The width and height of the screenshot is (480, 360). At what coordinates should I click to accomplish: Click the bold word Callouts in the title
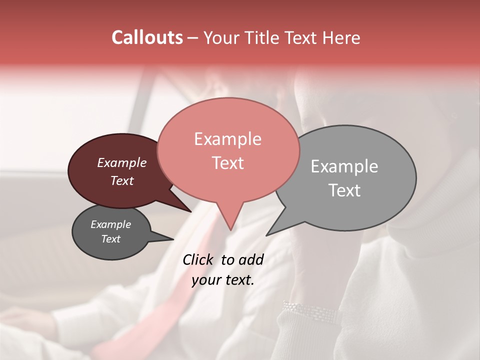pyautogui.click(x=147, y=37)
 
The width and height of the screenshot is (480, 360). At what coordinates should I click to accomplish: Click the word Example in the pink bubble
pyautogui.click(x=227, y=139)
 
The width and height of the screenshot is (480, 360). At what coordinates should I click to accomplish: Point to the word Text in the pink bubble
pyautogui.click(x=227, y=163)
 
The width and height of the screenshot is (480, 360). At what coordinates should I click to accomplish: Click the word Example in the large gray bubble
pyautogui.click(x=344, y=166)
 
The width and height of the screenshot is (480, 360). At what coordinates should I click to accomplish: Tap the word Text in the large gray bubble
pyautogui.click(x=344, y=190)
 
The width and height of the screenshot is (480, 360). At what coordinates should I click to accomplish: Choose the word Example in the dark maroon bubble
pyautogui.click(x=121, y=162)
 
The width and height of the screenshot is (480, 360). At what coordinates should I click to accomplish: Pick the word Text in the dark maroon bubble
pyautogui.click(x=121, y=180)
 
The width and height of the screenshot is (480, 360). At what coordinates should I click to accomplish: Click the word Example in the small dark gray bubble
pyautogui.click(x=110, y=224)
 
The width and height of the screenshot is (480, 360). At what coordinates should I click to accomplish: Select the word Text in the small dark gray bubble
pyautogui.click(x=110, y=239)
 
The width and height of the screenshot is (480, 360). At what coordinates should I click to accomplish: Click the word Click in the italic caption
pyautogui.click(x=199, y=259)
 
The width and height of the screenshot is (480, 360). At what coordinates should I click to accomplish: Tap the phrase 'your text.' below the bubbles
pyautogui.click(x=223, y=280)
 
